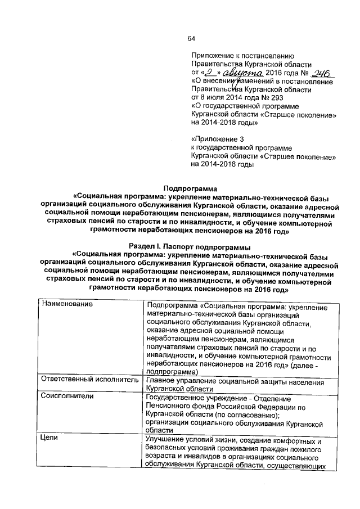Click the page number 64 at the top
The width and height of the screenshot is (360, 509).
[190, 38]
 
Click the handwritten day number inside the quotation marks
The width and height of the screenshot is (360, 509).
[209, 73]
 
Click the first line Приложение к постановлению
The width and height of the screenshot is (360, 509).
[242, 57]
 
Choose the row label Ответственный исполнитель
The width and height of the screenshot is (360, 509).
[90, 380]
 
